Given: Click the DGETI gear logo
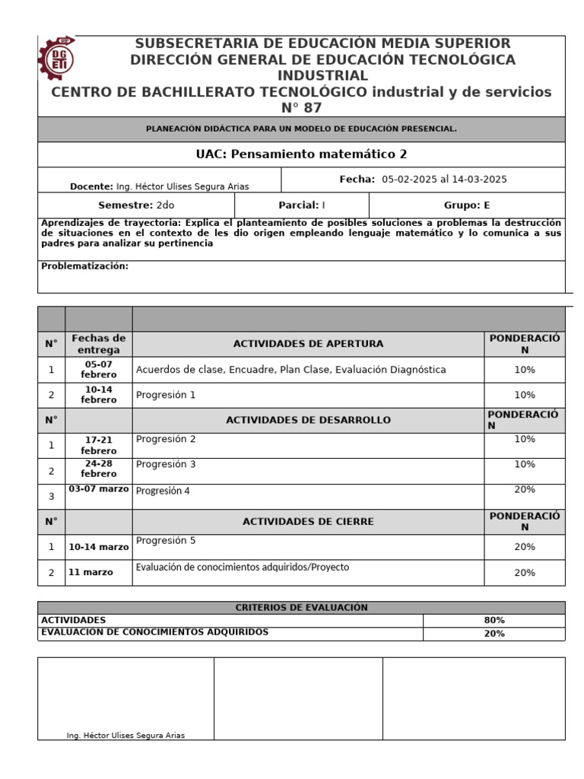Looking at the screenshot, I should click(57, 58).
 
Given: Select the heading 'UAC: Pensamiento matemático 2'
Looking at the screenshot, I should click(301, 154).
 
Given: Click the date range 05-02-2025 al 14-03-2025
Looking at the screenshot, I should click(444, 180).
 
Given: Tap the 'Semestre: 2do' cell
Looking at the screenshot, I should click(136, 205).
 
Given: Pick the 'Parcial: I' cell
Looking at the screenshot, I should click(302, 205).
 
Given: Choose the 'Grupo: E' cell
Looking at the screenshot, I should click(467, 205).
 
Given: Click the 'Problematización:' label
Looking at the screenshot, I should click(84, 266).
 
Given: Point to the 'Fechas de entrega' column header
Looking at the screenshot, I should click(98, 344).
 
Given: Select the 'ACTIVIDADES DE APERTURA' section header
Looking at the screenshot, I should click(308, 344).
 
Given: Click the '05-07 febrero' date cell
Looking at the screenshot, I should click(99, 370).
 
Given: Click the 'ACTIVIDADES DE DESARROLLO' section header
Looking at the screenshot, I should click(308, 420).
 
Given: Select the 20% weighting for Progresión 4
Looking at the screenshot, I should click(525, 490).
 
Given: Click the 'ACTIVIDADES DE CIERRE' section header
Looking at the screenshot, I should click(308, 522).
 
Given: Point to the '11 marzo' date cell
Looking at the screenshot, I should click(90, 572).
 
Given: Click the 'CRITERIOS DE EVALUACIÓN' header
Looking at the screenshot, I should click(301, 607).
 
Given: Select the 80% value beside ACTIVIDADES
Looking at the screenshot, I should click(494, 620).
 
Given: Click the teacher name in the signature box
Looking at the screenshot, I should click(125, 735).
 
